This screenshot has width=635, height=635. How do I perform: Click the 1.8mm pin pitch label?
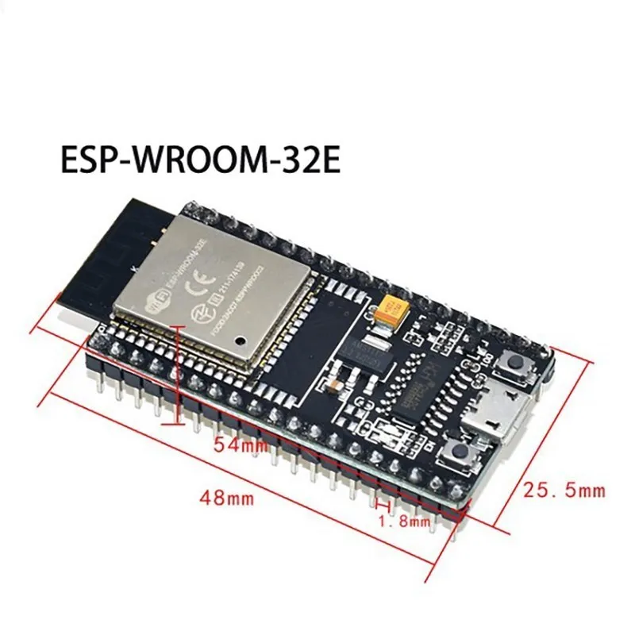pos(402,521)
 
